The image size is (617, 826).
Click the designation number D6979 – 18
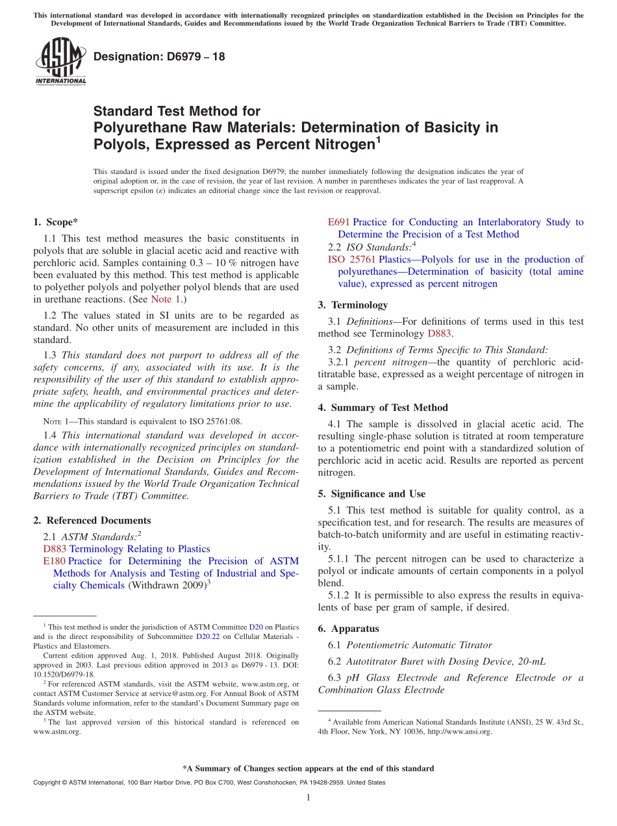tap(159, 56)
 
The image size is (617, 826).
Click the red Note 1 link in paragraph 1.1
tap(165, 299)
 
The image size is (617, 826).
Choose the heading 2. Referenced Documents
tap(92, 520)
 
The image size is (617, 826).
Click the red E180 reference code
tap(54, 561)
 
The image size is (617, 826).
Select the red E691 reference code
tap(339, 222)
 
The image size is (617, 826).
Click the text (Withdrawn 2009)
tap(166, 586)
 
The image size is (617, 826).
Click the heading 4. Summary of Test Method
tap(383, 408)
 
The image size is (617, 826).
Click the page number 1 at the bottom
tap(308, 797)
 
